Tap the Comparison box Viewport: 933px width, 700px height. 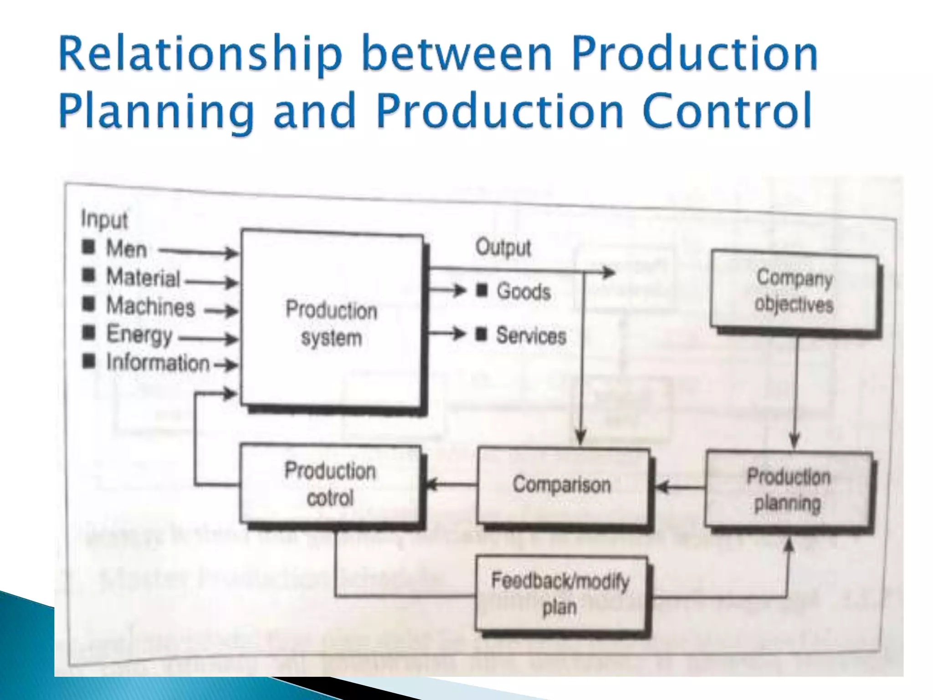[562, 485]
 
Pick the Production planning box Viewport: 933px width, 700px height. [789, 490]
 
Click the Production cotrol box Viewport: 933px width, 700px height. [330, 484]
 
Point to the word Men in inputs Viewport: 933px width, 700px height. [126, 249]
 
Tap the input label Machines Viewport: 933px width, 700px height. [150, 306]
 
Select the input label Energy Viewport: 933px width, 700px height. [139, 335]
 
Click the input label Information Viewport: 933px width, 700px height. [158, 363]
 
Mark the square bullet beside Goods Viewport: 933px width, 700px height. [482, 290]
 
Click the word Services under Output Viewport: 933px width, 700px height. [531, 335]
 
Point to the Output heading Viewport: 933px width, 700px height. [503, 247]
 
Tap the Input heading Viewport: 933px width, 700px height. [104, 220]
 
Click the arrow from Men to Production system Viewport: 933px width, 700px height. [198, 251]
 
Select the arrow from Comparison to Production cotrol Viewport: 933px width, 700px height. [451, 484]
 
